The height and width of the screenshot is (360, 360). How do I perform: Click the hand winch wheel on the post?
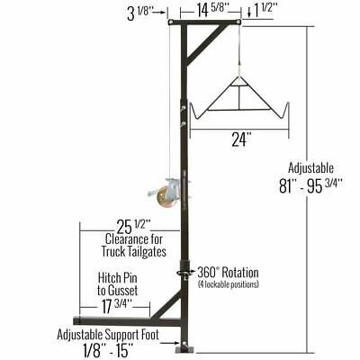[x=166, y=192]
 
